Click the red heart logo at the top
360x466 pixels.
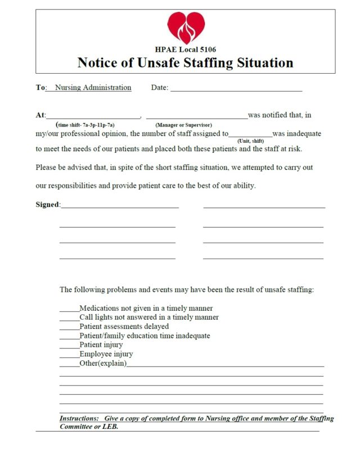tap(186, 27)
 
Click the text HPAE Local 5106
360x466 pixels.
tap(185, 50)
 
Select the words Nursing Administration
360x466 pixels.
tap(93, 88)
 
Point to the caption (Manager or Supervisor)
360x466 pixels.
tap(183, 124)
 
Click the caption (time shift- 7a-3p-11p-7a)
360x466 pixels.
tap(85, 124)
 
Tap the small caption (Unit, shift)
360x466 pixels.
tap(250, 141)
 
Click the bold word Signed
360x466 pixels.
tap(47, 205)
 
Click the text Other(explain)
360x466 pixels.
tap(103, 364)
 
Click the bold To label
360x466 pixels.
tap(40, 88)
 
